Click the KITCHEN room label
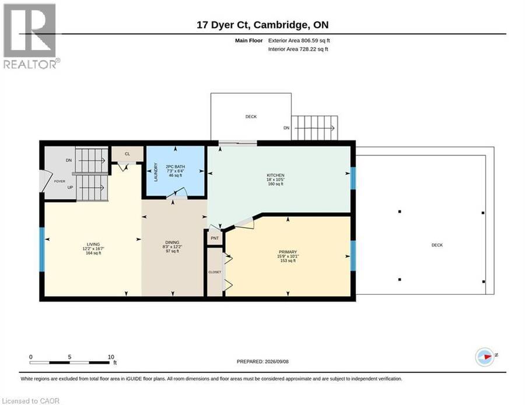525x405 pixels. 275,175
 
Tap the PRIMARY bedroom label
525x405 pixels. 288,252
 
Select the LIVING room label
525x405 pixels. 93,245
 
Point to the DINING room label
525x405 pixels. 172,242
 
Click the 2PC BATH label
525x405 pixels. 175,167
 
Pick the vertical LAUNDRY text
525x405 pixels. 156,172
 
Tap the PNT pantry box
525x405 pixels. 215,238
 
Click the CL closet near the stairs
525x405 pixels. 127,154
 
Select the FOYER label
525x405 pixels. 60,181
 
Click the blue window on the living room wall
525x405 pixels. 42,249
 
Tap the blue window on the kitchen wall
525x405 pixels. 353,178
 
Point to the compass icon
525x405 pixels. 485,357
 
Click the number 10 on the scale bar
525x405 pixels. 111,357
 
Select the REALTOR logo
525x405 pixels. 31,36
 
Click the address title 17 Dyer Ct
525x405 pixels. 223,24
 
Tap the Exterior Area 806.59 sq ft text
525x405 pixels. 299,40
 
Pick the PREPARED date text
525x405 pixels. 262,361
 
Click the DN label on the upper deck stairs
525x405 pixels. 286,128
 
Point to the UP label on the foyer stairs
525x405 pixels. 70,187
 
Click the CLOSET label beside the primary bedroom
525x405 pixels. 215,272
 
